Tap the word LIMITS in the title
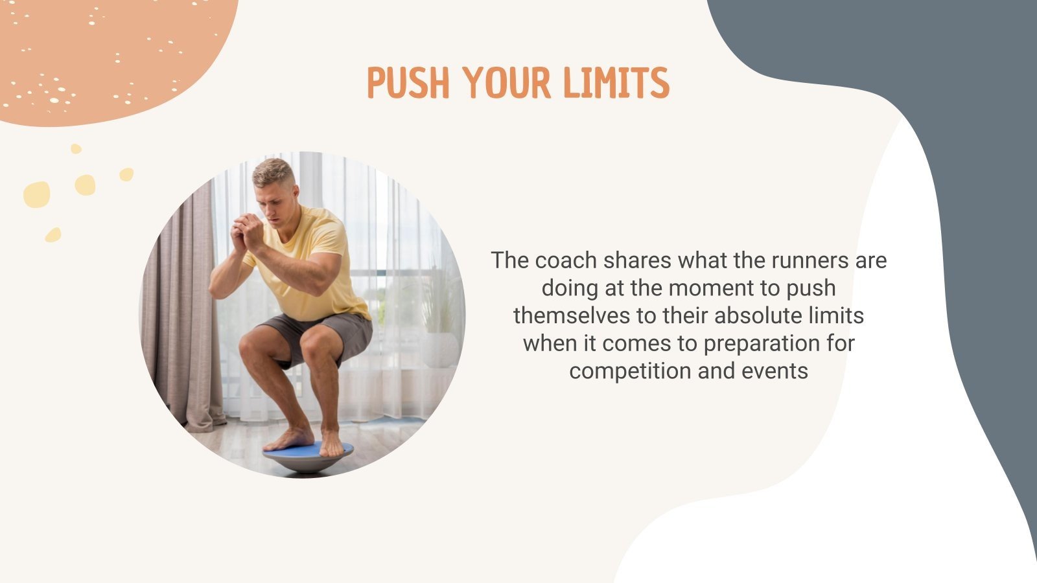[616, 83]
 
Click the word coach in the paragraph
[566, 260]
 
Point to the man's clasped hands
[248, 230]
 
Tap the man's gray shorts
[324, 330]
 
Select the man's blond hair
[273, 171]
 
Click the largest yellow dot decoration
[36, 194]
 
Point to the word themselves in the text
[571, 315]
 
